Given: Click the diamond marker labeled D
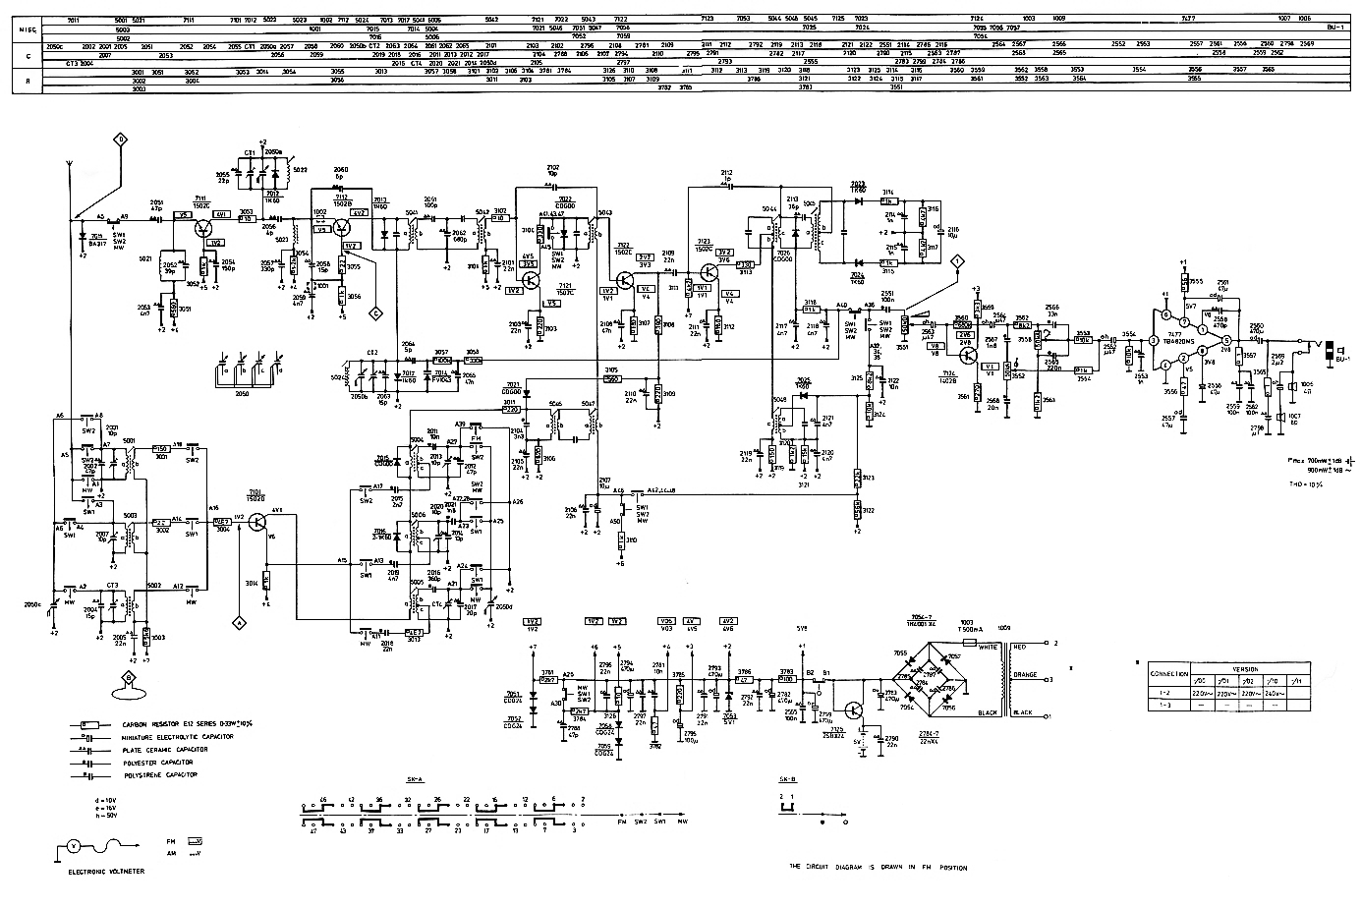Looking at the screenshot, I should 121,139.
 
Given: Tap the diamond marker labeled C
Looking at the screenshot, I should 374,313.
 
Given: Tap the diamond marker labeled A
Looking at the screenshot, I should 237,621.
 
